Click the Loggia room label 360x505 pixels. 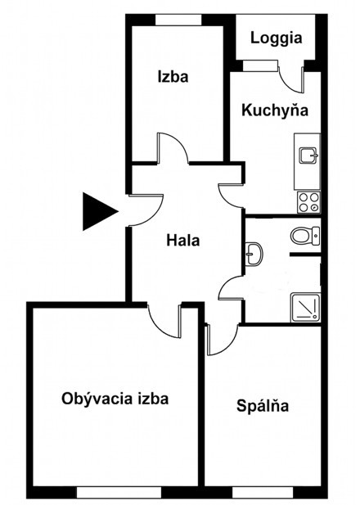(277, 38)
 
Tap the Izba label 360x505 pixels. (173, 77)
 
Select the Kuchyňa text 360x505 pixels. (275, 110)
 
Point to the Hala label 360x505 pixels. (183, 241)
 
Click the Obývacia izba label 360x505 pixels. (115, 399)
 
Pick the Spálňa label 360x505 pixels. (263, 406)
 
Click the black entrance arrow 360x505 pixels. (100, 211)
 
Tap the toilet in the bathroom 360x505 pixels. (305, 235)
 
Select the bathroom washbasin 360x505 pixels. (254, 254)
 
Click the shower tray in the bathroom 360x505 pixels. (305, 307)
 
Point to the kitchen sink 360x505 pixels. (308, 156)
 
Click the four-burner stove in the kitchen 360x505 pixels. (308, 202)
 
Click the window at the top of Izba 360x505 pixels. (178, 20)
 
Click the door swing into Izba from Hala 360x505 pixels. (173, 148)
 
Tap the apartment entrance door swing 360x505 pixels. (146, 210)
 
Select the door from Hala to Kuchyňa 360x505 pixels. (230, 196)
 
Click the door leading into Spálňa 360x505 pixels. (223, 339)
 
